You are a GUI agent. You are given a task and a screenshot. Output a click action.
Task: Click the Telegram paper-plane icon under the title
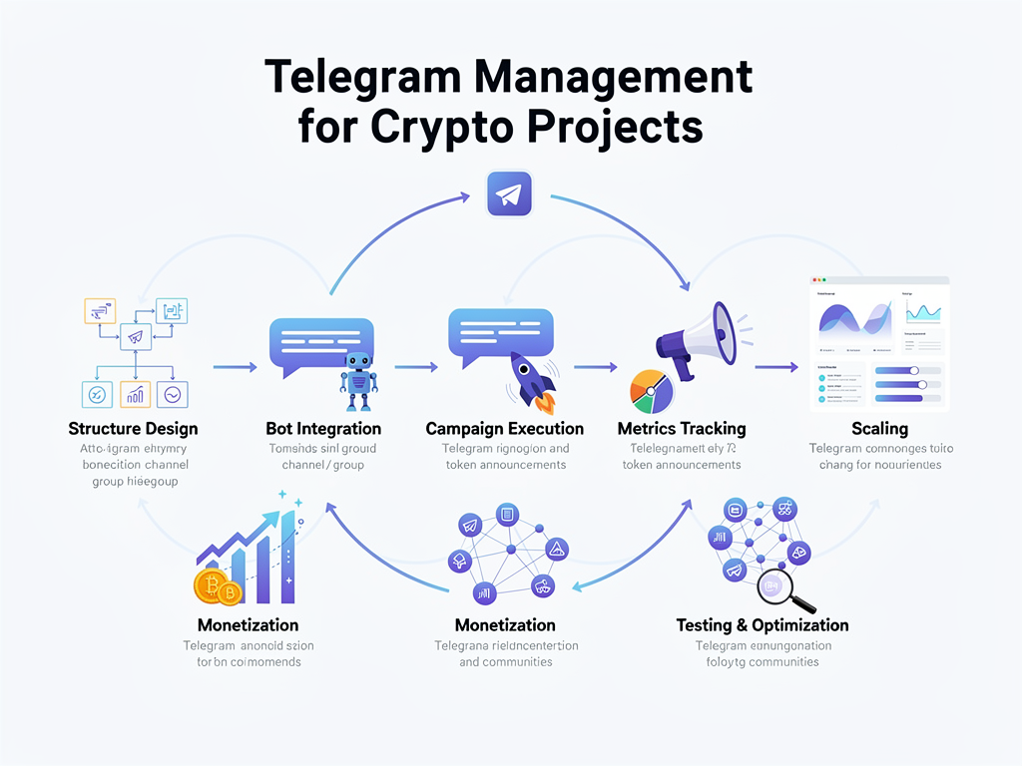510,193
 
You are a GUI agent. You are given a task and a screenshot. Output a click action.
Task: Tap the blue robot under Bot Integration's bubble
358,380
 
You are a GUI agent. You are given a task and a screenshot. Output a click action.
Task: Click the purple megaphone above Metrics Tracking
697,339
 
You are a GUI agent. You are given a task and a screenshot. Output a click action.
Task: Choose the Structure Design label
133,428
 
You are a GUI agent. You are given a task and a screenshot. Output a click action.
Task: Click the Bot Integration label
323,428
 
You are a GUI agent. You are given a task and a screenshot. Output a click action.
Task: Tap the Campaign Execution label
504,428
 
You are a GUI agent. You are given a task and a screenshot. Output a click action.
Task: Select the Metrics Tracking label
683,428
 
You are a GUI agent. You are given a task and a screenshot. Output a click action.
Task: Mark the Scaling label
879,428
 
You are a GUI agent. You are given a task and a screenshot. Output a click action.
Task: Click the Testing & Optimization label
763,625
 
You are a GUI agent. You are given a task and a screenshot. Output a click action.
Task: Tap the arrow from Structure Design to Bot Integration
235,367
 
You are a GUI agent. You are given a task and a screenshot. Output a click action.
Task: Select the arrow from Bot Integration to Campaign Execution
416,367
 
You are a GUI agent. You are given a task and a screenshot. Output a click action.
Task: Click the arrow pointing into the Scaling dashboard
776,367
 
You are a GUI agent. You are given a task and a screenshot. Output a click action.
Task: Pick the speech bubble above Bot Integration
321,342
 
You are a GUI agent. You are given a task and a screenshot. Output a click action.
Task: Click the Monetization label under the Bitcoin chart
248,625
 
